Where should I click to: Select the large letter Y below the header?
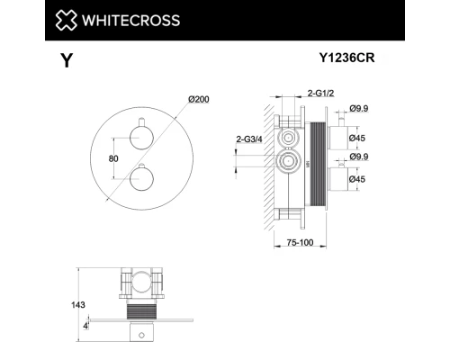[x=65, y=61]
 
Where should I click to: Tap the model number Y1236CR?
[x=348, y=59]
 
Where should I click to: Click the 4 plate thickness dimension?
[x=85, y=324]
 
